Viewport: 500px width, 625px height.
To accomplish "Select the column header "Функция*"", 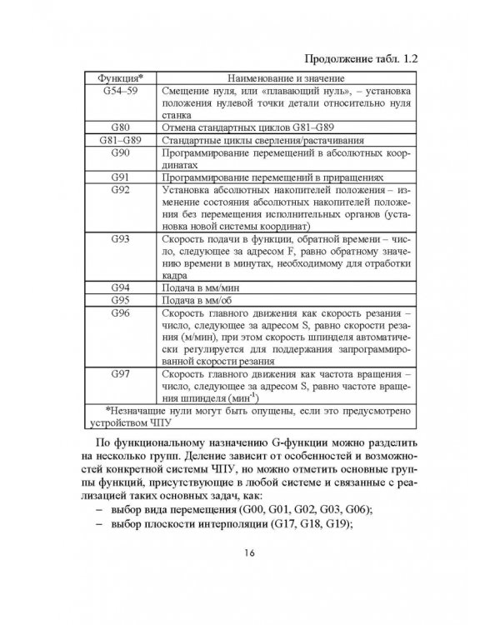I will click(117, 77).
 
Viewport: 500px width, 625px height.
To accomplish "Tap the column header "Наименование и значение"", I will click(285, 77).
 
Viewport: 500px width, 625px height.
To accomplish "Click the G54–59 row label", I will click(117, 90).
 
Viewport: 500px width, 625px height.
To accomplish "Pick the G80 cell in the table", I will click(117, 129).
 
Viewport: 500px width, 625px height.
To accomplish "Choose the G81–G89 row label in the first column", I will click(117, 142).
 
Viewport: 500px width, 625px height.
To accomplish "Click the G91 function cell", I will click(117, 179).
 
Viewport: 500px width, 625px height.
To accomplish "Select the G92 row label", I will click(117, 192).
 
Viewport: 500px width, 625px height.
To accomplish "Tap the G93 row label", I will click(117, 239).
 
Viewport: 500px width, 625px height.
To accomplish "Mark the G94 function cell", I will click(117, 287).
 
